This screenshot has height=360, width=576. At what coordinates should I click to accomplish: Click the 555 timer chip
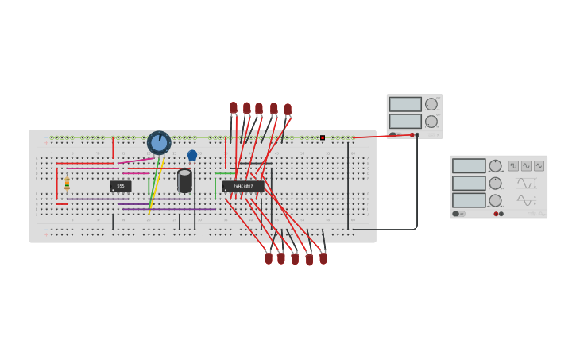121,186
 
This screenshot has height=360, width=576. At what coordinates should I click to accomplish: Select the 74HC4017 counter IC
243,186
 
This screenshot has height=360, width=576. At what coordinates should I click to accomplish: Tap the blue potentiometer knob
159,143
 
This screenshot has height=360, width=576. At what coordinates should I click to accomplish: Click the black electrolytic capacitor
185,181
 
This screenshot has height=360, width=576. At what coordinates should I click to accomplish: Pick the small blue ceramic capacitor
192,155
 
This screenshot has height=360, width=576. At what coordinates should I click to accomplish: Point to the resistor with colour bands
67,184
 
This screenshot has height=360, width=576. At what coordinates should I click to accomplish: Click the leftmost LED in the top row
234,107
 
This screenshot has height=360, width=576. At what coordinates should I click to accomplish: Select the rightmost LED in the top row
288,110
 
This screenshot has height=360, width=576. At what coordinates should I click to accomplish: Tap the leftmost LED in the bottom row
269,257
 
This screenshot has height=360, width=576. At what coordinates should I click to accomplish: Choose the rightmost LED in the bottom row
323,257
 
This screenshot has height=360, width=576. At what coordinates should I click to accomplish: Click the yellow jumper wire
156,187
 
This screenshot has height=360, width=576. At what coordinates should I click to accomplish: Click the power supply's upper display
405,104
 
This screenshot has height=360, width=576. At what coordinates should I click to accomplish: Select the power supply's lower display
405,121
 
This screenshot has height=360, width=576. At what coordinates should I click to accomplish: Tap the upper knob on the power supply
431,104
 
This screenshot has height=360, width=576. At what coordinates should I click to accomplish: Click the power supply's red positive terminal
412,135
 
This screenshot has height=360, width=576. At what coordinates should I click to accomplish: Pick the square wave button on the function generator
513,165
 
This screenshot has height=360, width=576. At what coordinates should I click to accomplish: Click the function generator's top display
469,166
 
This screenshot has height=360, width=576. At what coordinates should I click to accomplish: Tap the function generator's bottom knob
495,200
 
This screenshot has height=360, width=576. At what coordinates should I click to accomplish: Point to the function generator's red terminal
496,214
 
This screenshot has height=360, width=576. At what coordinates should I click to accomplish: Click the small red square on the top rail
323,137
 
